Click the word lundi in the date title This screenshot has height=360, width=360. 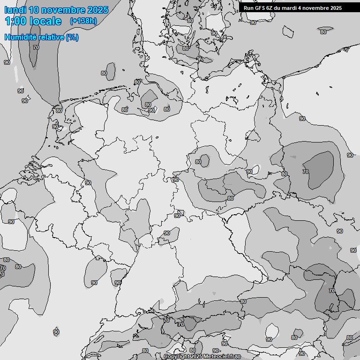pyautogui.click(x=15, y=10)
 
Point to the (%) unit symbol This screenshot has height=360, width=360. pyautogui.click(x=72, y=37)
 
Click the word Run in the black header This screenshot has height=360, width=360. pyautogui.click(x=248, y=8)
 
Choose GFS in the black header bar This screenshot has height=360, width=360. pyautogui.click(x=259, y=8)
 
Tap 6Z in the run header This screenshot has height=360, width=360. pyautogui.click(x=270, y=8)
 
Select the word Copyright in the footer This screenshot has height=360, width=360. pyautogui.click(x=177, y=357)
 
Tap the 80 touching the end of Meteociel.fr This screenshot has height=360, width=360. pyautogui.click(x=238, y=357)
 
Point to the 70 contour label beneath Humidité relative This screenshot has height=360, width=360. pyautogui.click(x=36, y=47)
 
